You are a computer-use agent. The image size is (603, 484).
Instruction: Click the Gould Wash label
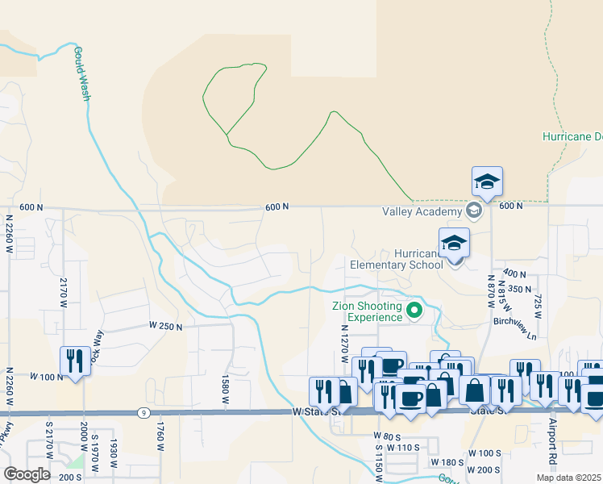click(x=82, y=73)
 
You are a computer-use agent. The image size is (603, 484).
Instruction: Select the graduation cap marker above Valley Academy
click(x=487, y=181)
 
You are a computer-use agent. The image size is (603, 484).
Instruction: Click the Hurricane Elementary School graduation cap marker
click(x=454, y=244)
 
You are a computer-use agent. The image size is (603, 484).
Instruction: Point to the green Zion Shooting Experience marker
click(x=415, y=311)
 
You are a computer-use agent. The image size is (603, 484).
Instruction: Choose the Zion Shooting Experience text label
click(x=367, y=311)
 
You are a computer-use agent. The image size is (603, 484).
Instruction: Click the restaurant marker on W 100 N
click(x=75, y=361)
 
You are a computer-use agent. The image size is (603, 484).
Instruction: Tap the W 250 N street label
click(x=166, y=326)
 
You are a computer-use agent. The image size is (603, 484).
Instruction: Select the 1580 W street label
click(x=226, y=385)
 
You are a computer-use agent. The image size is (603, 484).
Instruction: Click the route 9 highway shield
click(x=143, y=413)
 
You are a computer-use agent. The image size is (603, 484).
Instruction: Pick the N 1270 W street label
click(x=344, y=342)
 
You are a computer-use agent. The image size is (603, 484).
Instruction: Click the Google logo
click(x=26, y=474)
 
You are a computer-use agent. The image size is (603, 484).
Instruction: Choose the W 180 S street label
click(x=448, y=463)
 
